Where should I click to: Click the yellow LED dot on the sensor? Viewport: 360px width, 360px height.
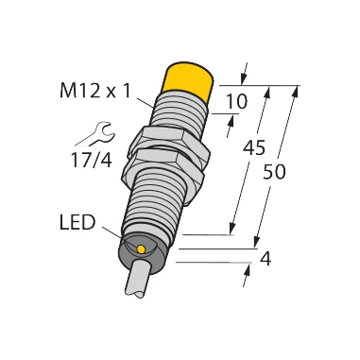pos(141,249)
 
